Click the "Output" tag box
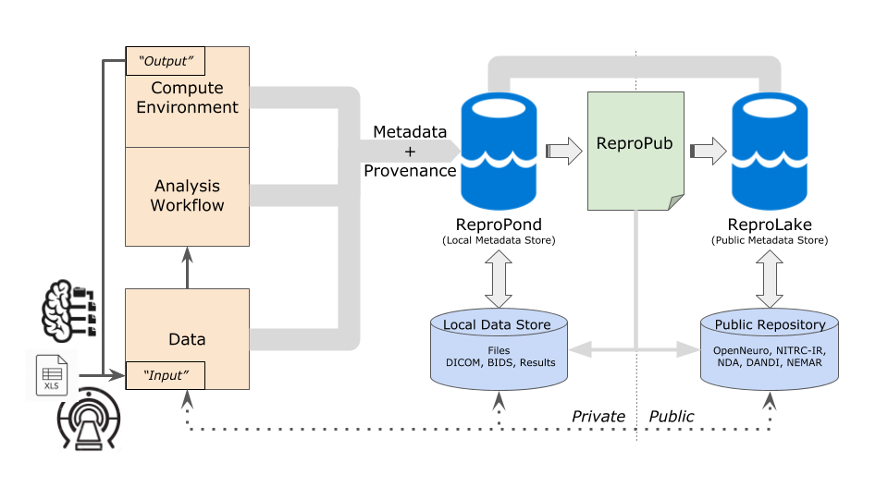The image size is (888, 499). [x=165, y=61]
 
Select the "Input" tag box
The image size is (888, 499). [x=165, y=374]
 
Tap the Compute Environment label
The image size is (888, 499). [x=187, y=98]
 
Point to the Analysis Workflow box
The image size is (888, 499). [x=187, y=196]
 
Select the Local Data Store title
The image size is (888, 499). [x=497, y=324]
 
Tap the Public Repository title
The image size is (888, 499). [x=770, y=324]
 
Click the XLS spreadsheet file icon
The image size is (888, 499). [x=52, y=375]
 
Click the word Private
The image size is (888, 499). [x=598, y=417]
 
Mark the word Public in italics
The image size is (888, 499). [x=672, y=417]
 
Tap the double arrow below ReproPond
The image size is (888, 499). [x=499, y=281]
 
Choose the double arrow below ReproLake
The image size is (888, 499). [x=770, y=281]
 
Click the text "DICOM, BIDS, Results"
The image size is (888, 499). [x=498, y=362]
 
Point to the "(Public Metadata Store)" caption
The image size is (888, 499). [x=770, y=240]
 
